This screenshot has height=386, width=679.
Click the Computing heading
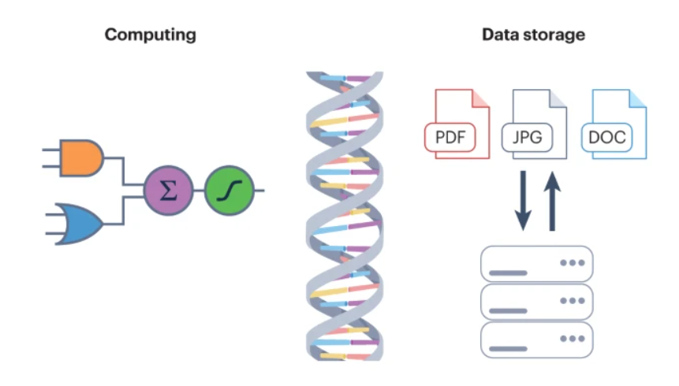(x=150, y=35)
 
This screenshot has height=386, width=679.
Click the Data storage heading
(x=533, y=35)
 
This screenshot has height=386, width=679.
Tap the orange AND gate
(x=82, y=158)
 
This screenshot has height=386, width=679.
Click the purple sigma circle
(x=167, y=191)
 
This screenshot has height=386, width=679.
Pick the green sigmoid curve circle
(x=228, y=191)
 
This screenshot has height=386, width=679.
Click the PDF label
(x=451, y=138)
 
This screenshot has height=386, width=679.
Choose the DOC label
(x=607, y=138)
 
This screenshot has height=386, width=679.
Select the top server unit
(x=536, y=265)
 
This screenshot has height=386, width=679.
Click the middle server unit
(x=536, y=302)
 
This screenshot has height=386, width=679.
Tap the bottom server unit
(x=536, y=340)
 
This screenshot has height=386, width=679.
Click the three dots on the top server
(x=572, y=262)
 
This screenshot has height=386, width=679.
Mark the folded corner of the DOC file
(x=637, y=98)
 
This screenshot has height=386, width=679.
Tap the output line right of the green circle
(x=259, y=191)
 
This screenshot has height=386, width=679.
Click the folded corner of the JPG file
(x=558, y=98)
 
